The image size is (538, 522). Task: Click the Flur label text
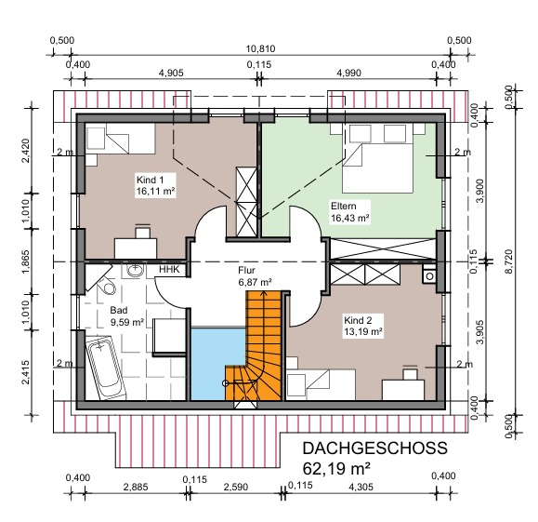pos(246,271)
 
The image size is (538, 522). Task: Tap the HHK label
pos(169,270)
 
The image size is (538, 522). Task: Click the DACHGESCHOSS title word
pos(375,448)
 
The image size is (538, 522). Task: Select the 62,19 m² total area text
pos(336,468)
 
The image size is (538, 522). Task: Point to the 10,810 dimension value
pos(260,48)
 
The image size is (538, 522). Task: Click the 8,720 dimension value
pos(508,261)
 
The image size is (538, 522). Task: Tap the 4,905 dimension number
pos(171,73)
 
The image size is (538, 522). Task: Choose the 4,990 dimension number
pos(348,73)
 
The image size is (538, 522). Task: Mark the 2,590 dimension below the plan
pos(236,487)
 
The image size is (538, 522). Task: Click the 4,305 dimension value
pos(361,487)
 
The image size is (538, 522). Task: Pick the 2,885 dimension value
pos(136,487)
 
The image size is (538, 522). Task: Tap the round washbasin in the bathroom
pos(136,271)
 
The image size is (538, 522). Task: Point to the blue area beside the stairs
pos(217,364)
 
